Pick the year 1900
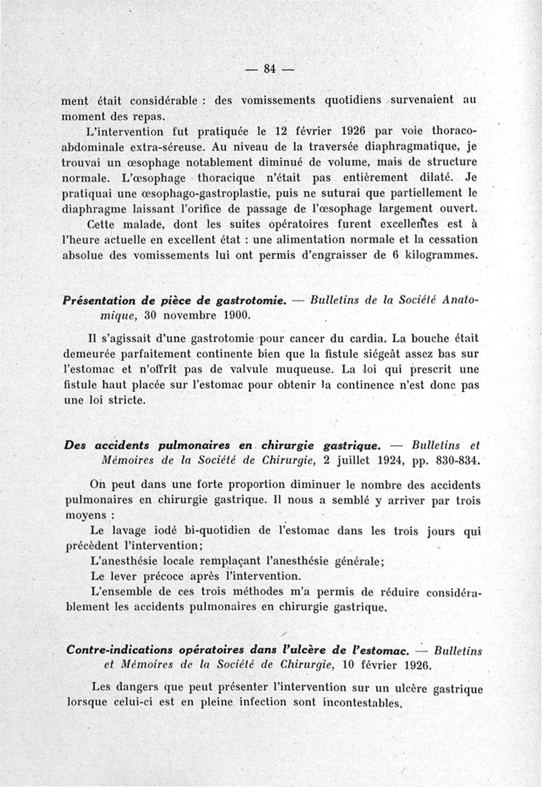(x=234, y=315)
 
